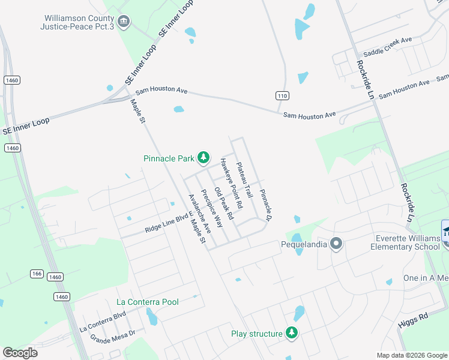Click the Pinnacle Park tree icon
[203, 158]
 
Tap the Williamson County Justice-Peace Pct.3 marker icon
[124, 22]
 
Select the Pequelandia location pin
[336, 244]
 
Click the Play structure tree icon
[291, 333]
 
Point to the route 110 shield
[282, 96]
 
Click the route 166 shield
[37, 274]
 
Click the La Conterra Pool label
[148, 301]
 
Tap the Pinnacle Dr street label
[265, 204]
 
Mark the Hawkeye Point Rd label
[231, 183]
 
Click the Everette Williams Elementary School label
[405, 242]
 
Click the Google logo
[20, 353]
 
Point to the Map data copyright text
[412, 355]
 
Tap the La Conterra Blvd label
[103, 321]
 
